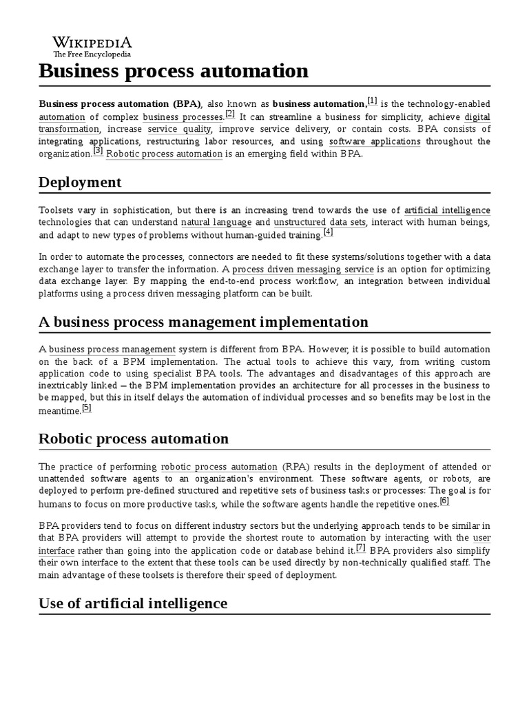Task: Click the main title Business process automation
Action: [174, 70]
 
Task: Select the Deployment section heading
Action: [80, 182]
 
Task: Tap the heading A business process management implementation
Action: [203, 322]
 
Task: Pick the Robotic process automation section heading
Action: [134, 438]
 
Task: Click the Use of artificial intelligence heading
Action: [133, 603]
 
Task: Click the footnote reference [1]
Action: [372, 101]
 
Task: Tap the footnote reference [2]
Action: [230, 114]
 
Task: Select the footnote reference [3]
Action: [98, 151]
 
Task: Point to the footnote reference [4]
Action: [328, 232]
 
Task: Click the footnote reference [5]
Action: [86, 407]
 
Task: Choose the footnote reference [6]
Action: [444, 501]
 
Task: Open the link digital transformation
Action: [69, 129]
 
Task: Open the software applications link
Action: [375, 141]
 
